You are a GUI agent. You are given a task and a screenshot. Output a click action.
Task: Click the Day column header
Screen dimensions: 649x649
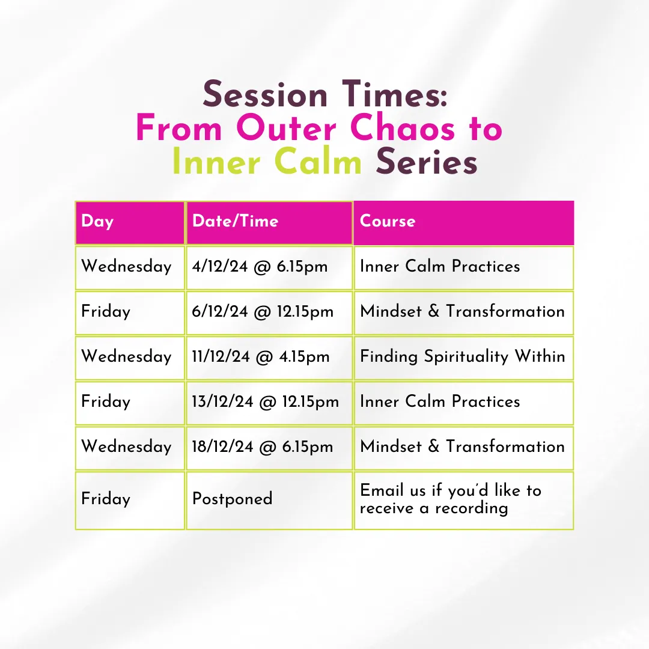[130, 223]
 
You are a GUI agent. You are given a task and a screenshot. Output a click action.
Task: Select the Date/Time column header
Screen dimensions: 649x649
[269, 223]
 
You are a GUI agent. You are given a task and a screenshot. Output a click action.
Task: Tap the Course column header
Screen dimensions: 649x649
[463, 223]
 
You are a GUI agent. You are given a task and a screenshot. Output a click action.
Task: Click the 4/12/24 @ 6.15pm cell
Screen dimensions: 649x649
[269, 268]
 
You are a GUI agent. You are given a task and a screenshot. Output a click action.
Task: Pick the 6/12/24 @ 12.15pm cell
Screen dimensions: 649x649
[269, 313]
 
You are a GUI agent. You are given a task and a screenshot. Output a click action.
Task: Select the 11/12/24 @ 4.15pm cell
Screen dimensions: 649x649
[269, 358]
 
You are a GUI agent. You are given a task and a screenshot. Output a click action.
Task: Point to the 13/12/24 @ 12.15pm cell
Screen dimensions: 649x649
[269, 403]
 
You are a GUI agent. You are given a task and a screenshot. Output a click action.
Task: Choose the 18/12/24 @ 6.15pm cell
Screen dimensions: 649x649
[269, 448]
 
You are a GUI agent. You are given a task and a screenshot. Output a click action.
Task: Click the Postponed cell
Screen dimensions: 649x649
[269, 501]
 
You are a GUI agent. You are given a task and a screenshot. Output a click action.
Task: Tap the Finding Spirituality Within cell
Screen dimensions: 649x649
[463, 358]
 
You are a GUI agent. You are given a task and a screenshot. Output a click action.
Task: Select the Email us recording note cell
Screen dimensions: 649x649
[463, 501]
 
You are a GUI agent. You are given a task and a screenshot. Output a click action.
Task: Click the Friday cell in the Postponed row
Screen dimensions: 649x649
[130, 501]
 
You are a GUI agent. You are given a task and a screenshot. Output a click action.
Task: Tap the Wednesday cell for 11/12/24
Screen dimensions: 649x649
[130, 358]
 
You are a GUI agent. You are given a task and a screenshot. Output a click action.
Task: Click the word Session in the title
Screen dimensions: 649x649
[265, 94]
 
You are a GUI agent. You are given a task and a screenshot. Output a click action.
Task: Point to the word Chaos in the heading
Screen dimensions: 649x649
[402, 128]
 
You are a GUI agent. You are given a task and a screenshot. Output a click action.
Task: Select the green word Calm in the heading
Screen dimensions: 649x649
[318, 162]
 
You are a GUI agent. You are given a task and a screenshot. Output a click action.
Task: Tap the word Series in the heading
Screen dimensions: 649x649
[427, 162]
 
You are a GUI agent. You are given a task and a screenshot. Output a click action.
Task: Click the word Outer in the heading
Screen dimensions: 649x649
[286, 128]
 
